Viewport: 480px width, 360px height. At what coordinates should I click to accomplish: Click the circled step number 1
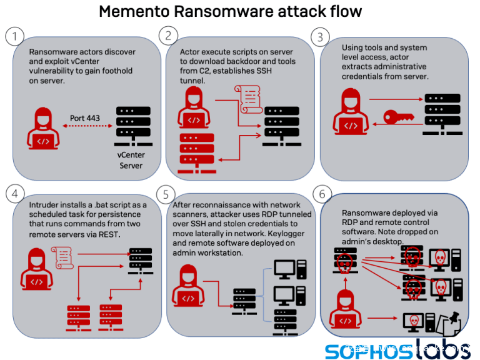(x=14, y=36)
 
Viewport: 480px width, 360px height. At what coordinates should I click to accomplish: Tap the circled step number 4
(x=15, y=194)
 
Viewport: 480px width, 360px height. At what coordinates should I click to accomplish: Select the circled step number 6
(x=322, y=194)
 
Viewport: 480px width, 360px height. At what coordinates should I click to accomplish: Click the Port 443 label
(x=85, y=118)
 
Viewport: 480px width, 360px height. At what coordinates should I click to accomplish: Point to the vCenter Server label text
(x=131, y=160)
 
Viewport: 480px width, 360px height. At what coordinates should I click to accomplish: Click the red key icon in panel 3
(x=399, y=117)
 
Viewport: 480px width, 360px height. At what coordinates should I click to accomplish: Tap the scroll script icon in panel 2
(x=248, y=99)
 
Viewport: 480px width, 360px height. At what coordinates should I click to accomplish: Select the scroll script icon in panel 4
(x=62, y=257)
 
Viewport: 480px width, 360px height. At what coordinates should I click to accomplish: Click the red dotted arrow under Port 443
(x=87, y=126)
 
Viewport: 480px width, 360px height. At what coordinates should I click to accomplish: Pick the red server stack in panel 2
(x=197, y=153)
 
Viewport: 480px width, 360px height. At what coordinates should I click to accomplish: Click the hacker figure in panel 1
(x=43, y=128)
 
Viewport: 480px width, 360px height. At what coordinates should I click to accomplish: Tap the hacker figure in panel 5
(x=188, y=286)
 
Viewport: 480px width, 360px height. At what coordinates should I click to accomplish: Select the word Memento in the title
(x=135, y=12)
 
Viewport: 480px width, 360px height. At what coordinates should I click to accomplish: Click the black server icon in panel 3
(x=442, y=114)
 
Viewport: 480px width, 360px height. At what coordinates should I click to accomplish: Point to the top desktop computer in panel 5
(x=290, y=270)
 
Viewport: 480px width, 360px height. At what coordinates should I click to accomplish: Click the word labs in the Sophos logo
(x=442, y=349)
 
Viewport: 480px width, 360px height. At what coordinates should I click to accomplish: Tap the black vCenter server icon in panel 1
(x=133, y=126)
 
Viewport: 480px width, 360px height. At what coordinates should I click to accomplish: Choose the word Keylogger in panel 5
(x=286, y=234)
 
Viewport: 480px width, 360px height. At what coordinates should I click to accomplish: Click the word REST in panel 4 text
(x=109, y=234)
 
